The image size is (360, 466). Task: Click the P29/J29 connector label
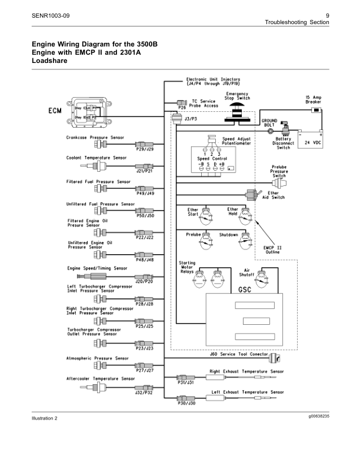145,150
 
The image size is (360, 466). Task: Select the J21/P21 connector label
145,171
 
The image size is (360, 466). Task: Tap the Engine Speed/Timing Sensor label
96,268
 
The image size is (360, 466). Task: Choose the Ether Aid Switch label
276,195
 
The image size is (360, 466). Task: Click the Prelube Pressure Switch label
279,171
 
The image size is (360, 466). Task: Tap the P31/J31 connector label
186,382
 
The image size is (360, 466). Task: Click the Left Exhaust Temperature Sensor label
247,392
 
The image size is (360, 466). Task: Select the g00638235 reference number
314,417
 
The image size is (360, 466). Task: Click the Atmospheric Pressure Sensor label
97,358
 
